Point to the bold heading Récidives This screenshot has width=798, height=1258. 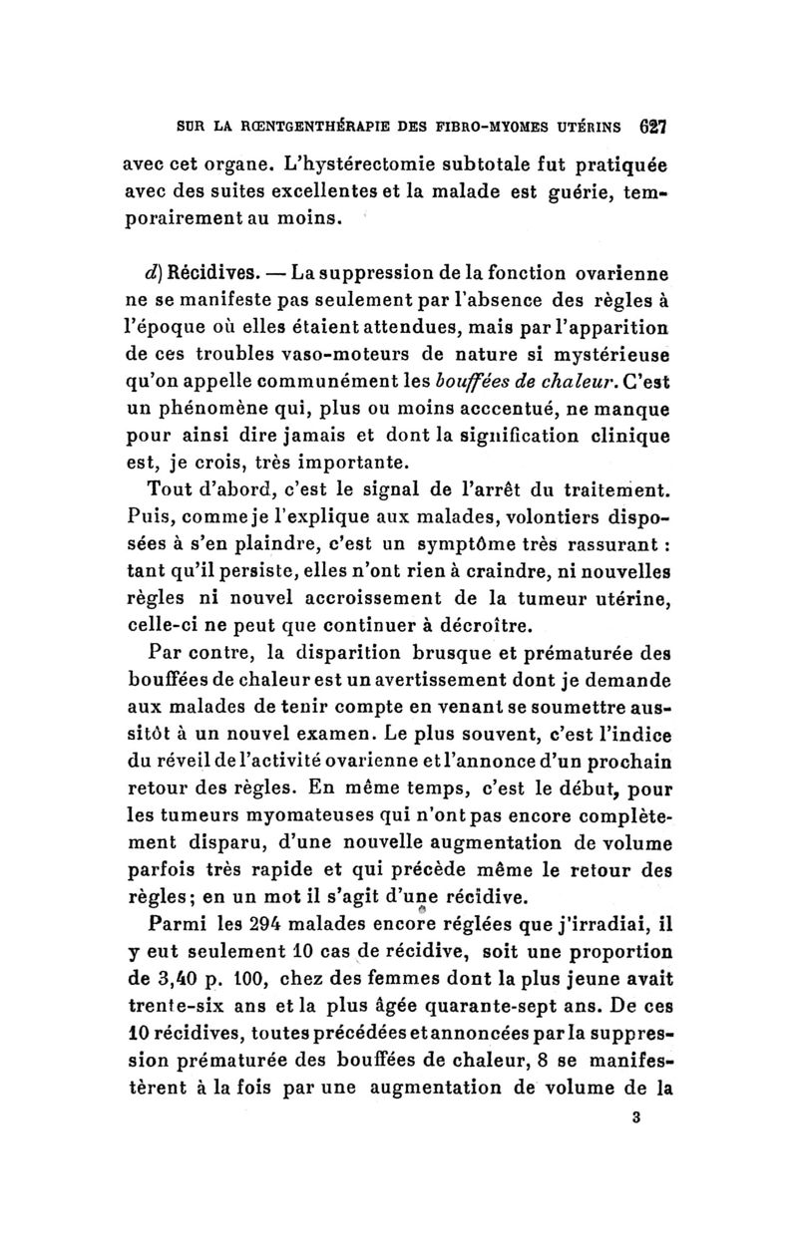[x=207, y=271]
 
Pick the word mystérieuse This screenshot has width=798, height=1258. [x=609, y=352]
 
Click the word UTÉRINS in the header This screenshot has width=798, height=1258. [x=598, y=128]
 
